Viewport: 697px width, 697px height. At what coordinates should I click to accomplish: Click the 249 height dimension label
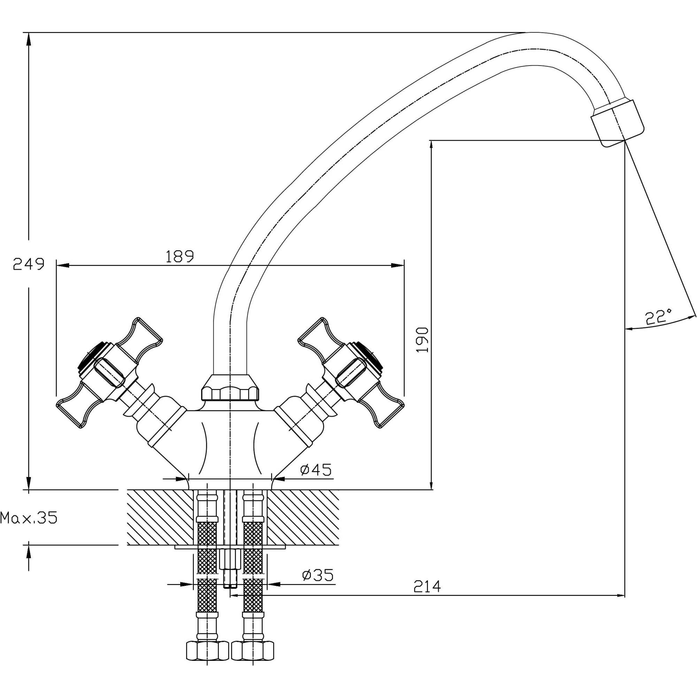[x=29, y=264]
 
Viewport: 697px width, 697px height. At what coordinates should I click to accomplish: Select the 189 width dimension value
[x=179, y=256]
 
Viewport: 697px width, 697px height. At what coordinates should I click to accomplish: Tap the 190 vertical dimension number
[x=422, y=340]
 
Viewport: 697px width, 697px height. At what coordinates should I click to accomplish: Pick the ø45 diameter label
[x=316, y=470]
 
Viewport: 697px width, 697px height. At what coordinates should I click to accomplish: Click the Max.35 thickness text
[x=29, y=518]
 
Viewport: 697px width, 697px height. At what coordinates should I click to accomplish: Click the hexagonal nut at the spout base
[x=230, y=388]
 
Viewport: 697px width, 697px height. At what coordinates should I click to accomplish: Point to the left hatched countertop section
[x=160, y=517]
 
